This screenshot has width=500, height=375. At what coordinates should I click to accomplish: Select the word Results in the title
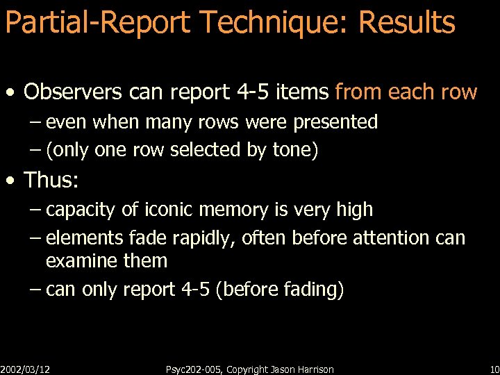pos(406,23)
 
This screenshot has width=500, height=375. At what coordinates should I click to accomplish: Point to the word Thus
pos(51,181)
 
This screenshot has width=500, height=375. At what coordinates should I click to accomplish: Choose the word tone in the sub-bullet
pos(294,151)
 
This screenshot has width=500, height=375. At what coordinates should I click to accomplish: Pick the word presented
pos(335,123)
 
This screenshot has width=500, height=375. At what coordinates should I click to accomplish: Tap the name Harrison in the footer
pos(312,369)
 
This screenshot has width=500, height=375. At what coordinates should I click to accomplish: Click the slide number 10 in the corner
pos(494,369)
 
